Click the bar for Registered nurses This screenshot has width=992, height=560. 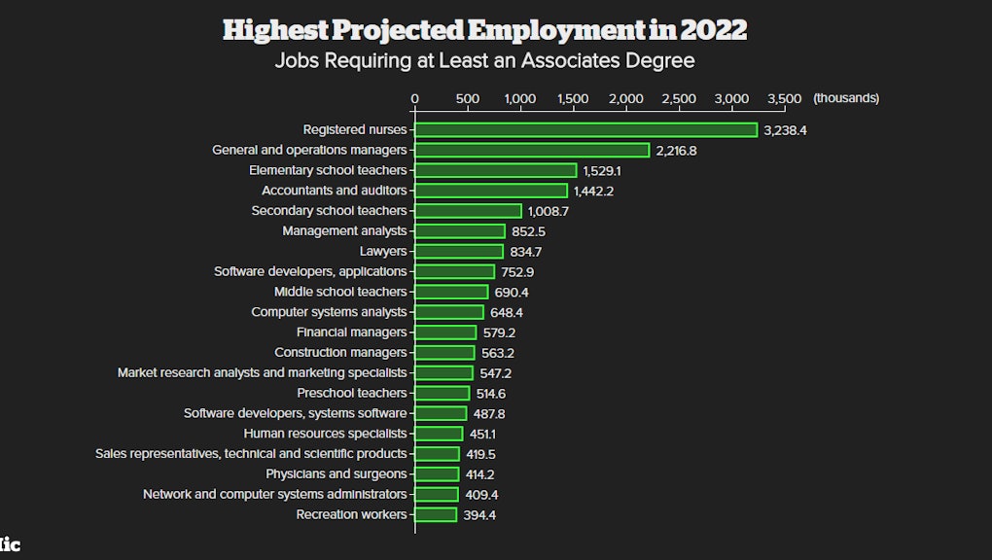point(585,129)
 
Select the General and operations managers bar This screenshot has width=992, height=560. point(532,150)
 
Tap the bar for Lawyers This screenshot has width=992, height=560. point(459,251)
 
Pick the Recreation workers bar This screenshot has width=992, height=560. point(436,514)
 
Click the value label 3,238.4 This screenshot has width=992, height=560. point(785,130)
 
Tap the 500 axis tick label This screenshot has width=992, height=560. point(467,98)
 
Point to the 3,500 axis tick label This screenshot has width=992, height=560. point(784,98)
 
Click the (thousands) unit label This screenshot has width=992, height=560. point(846,98)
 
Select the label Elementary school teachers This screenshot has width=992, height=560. point(328,170)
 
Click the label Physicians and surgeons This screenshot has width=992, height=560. point(337,473)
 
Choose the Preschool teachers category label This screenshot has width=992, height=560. point(352,393)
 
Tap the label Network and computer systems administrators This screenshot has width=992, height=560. point(275,494)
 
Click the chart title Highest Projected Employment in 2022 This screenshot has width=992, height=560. point(484,30)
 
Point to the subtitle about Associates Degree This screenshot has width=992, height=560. point(484,61)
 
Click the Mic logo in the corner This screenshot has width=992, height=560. point(9,545)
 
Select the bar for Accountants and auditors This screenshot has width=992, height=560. point(491,191)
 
